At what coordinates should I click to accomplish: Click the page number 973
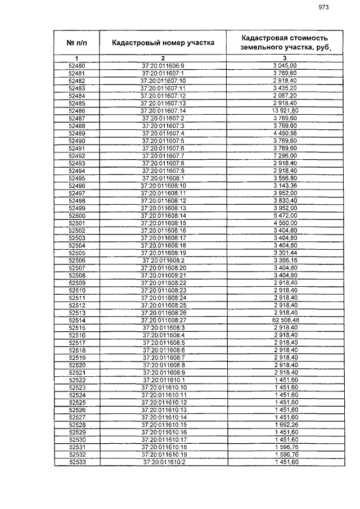[x=323, y=7]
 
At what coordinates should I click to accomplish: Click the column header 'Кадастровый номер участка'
[x=163, y=42]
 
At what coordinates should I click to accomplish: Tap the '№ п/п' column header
[x=76, y=42]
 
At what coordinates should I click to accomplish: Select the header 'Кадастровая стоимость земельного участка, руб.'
[x=285, y=42]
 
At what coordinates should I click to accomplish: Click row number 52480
[x=76, y=66]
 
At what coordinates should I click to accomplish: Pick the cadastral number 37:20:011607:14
[x=163, y=111]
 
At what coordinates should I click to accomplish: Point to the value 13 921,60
[x=285, y=111]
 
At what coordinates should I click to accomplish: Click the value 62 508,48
[x=285, y=320]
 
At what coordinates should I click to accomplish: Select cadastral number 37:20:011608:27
[x=163, y=320]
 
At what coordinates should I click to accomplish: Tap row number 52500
[x=76, y=215]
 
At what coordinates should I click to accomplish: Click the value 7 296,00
[x=285, y=156]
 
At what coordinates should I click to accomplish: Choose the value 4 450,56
[x=285, y=133]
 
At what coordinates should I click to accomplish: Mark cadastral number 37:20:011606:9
[x=163, y=66]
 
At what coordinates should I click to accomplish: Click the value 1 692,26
[x=285, y=425]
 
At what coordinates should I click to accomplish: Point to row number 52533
[x=76, y=462]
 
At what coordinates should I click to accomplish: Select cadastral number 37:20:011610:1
[x=163, y=380]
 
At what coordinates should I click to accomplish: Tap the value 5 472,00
[x=285, y=215]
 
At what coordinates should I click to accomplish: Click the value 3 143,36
[x=285, y=186]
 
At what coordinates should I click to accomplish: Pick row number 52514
[x=76, y=320]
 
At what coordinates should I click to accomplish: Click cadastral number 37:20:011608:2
[x=163, y=260]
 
